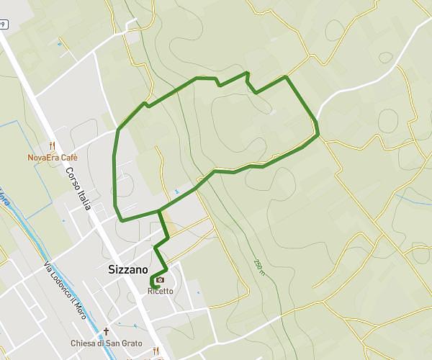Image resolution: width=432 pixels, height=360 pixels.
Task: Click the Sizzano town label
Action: pos(127,271)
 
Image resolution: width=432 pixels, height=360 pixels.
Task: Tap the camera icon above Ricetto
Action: pos(160,280)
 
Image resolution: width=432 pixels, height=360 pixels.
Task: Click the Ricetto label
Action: pos(161,291)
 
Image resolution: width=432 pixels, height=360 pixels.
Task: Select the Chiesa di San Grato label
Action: pos(107,343)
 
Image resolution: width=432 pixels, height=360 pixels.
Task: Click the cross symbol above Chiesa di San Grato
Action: pos(106,332)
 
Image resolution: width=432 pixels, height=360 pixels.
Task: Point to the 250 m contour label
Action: pos(258,267)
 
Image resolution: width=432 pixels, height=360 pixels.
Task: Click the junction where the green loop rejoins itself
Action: pos(159,212)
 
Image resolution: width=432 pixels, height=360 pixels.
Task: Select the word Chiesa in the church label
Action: pos(84,343)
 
